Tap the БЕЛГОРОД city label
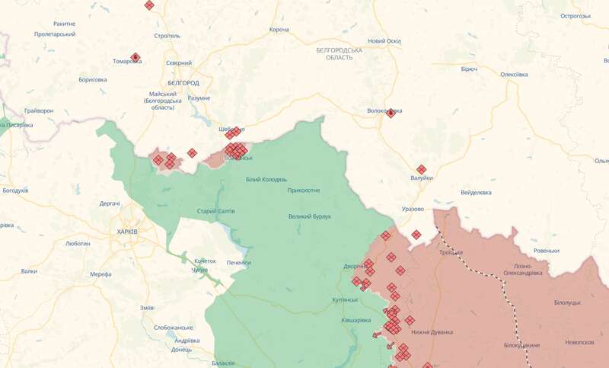tap(183, 82)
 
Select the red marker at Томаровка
tap(135, 57)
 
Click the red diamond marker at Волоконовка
tap(391, 113)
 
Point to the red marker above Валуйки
tap(421, 169)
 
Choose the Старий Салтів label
tap(216, 210)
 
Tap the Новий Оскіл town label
tap(384, 41)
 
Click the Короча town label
tap(279, 30)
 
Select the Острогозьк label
tap(576, 16)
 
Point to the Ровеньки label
tap(546, 251)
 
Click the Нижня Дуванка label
tap(432, 332)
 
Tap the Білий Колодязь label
tap(266, 179)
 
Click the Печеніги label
tap(239, 263)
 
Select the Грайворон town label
tap(39, 110)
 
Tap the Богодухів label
tap(15, 190)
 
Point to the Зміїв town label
tap(147, 307)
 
